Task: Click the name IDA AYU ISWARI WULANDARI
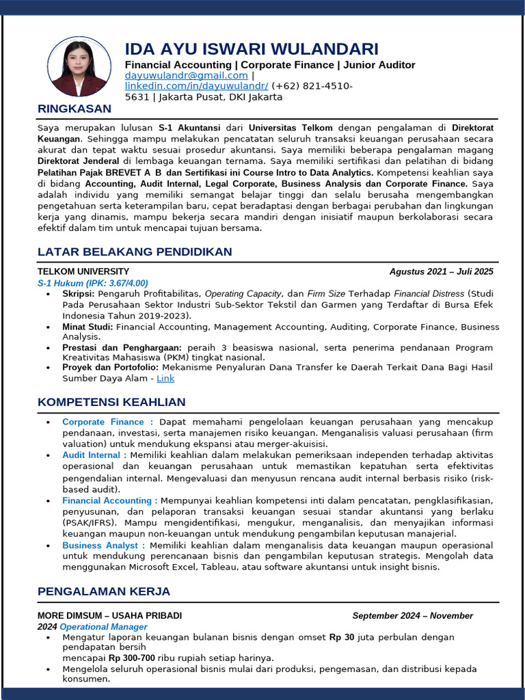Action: click(x=251, y=49)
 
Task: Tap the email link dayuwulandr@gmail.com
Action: click(x=187, y=76)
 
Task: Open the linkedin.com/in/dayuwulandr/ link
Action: click(x=196, y=86)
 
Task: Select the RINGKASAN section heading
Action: click(x=74, y=109)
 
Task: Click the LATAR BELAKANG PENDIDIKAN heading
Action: click(x=135, y=252)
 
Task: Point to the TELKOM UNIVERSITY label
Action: click(x=83, y=271)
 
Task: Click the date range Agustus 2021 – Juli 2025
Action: click(x=441, y=271)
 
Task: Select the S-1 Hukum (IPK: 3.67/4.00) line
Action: click(x=92, y=283)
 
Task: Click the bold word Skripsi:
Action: click(x=79, y=294)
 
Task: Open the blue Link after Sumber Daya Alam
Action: click(x=165, y=378)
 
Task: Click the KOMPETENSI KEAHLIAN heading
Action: click(x=111, y=402)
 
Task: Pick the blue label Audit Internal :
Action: click(x=94, y=455)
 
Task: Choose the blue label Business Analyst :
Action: click(x=103, y=545)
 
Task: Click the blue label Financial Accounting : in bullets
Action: click(x=110, y=500)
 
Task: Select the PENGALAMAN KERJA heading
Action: click(x=104, y=591)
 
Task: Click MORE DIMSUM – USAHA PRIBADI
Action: click(x=109, y=615)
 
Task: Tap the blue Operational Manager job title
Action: click(x=103, y=626)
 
